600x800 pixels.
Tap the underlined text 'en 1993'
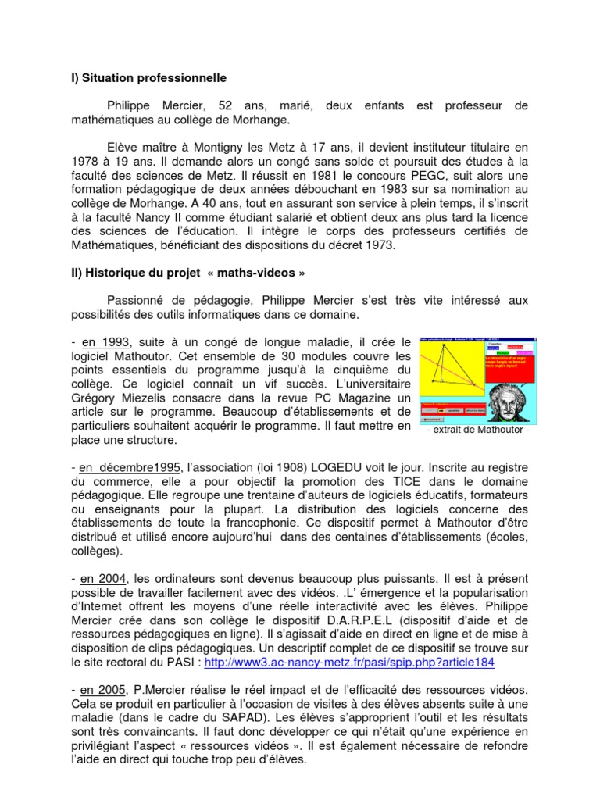(x=106, y=343)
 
